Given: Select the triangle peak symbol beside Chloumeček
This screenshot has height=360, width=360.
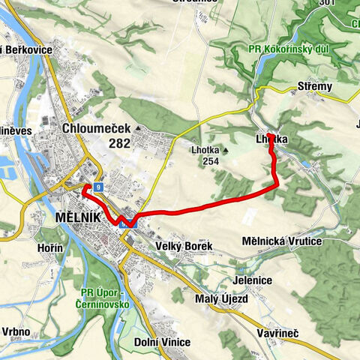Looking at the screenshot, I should (138, 128).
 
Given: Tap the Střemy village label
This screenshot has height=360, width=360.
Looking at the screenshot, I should (314, 86).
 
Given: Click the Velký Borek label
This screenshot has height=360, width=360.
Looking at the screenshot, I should (184, 246).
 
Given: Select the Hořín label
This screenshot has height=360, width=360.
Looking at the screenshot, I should (49, 248).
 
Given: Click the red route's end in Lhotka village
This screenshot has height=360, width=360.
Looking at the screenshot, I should (268, 135).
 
